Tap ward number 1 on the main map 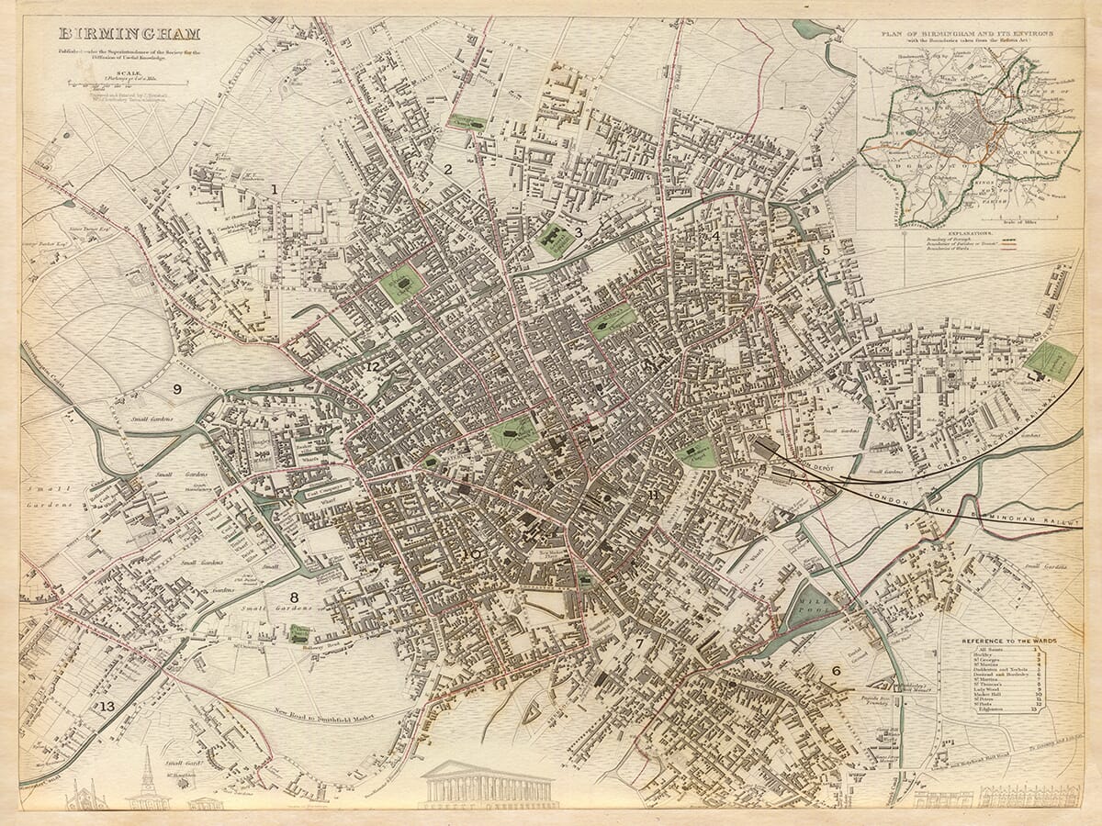point(274,188)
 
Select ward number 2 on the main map point(448,169)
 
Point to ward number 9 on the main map point(177,389)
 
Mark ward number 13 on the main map point(108,706)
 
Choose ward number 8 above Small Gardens point(294,597)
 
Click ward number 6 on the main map point(836,671)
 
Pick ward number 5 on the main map point(826,249)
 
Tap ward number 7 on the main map point(639,643)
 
